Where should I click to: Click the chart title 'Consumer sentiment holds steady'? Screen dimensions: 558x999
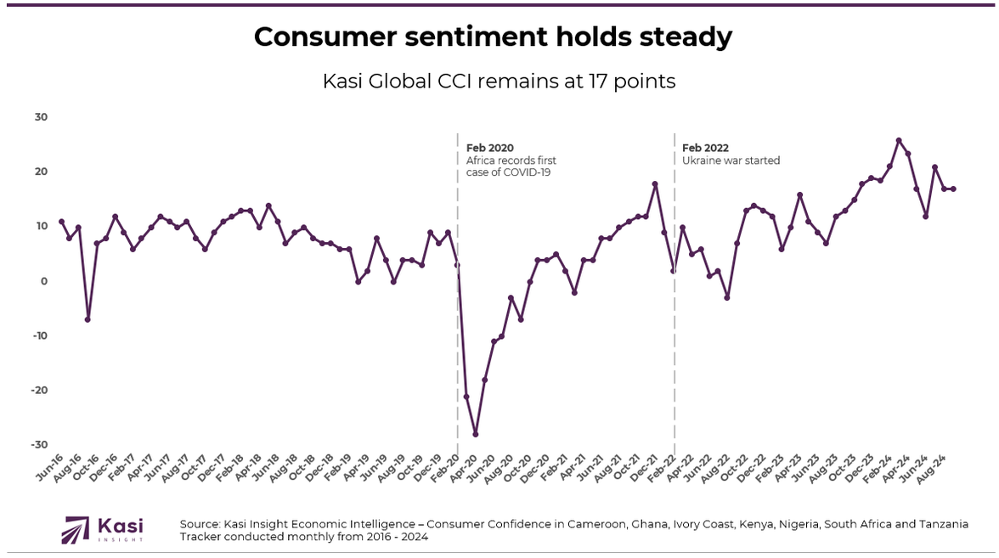point(493,37)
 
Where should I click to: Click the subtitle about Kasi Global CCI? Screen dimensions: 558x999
point(499,82)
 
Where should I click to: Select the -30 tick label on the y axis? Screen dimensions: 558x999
point(39,445)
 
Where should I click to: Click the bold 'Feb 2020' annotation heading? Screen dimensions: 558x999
point(490,148)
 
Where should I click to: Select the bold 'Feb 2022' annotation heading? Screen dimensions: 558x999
point(705,148)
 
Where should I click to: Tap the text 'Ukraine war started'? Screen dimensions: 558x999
point(731,161)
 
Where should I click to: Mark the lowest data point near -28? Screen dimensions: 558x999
point(476,434)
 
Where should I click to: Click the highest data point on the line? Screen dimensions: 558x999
point(899,141)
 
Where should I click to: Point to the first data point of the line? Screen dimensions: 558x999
point(61,222)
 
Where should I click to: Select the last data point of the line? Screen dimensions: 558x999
point(953,189)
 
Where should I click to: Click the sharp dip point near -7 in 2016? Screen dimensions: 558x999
point(87,319)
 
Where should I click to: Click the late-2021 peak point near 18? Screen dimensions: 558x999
point(655,183)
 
